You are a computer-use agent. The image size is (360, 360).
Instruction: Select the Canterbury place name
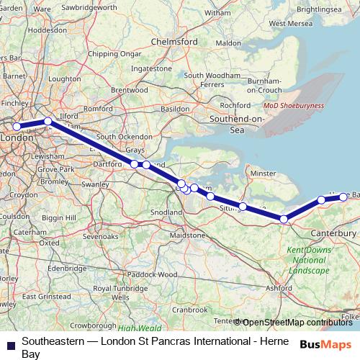tap(334, 233)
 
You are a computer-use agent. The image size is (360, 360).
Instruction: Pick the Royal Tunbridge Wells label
tap(120, 292)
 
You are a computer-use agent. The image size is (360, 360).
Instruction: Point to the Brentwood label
tap(129, 90)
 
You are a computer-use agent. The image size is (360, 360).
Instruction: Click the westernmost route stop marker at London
tap(17, 127)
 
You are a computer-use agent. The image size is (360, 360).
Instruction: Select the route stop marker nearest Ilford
tap(48, 122)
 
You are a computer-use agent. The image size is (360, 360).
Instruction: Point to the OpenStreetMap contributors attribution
tap(296, 323)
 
